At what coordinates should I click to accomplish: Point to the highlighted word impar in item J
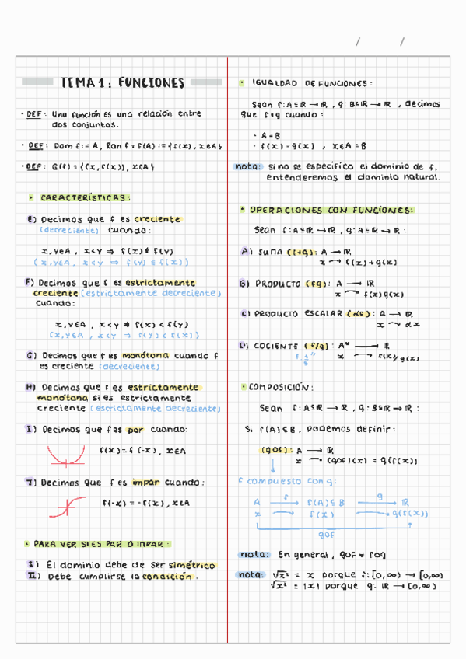pos(145,483)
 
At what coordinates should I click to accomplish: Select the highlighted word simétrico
pos(192,565)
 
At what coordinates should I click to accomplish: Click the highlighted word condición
pos(165,577)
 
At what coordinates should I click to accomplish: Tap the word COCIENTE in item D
pos(277,346)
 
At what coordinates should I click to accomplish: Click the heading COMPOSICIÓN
pos(281,386)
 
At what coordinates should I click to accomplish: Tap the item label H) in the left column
pos(31,387)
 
